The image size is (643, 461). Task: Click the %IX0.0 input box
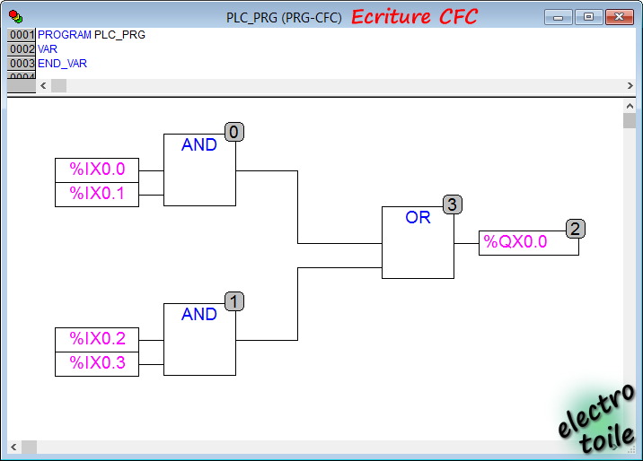click(x=97, y=170)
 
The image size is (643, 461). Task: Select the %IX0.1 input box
click(x=97, y=195)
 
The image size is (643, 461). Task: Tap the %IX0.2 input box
click(x=97, y=339)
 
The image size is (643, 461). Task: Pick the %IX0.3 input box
click(x=97, y=364)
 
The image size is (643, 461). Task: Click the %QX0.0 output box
click(x=529, y=243)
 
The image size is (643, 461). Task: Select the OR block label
click(x=418, y=217)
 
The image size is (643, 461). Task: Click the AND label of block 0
click(x=199, y=144)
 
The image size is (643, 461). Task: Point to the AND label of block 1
click(x=199, y=314)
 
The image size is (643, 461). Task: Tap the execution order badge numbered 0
click(x=234, y=132)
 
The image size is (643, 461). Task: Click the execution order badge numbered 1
click(x=234, y=301)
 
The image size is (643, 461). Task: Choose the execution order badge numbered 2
click(x=576, y=229)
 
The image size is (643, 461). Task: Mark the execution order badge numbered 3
click(x=453, y=204)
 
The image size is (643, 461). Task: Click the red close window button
click(x=620, y=17)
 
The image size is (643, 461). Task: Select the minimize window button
click(x=558, y=17)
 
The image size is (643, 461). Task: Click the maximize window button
click(x=588, y=17)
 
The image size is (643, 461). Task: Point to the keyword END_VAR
click(x=62, y=64)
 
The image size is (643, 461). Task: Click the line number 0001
click(x=22, y=35)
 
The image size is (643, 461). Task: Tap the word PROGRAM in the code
click(x=65, y=35)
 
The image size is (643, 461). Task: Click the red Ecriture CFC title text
click(x=414, y=17)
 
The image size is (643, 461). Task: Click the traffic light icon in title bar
click(x=16, y=17)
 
